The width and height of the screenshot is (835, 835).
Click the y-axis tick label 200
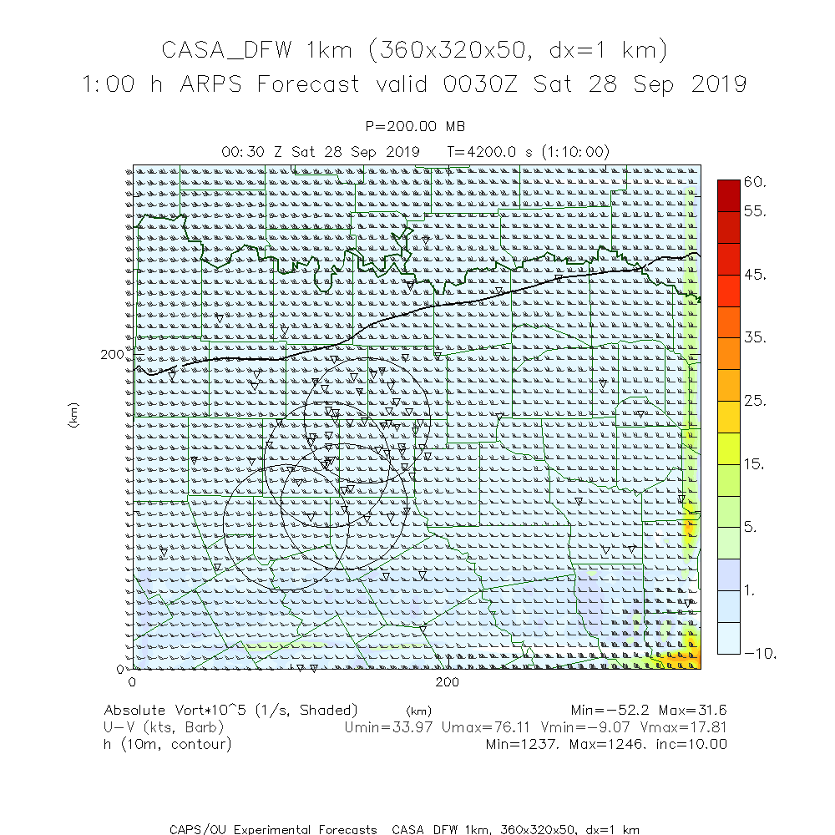click(x=112, y=354)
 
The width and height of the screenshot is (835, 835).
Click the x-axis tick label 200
click(x=448, y=682)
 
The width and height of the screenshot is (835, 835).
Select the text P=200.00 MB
click(x=416, y=127)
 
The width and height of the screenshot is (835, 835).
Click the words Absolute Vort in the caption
click(x=154, y=711)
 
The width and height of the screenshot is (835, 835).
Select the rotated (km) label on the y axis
click(x=73, y=415)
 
